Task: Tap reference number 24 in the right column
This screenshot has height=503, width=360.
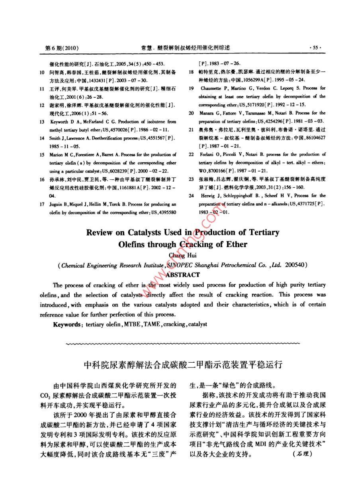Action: point(191,196)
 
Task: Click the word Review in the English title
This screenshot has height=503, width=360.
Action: point(99,232)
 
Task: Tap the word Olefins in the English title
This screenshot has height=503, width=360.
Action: point(132,244)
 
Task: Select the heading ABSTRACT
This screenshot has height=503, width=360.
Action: point(182,275)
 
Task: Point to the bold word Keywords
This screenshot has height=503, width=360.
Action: point(67,324)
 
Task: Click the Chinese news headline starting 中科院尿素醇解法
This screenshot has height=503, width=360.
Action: point(183,364)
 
